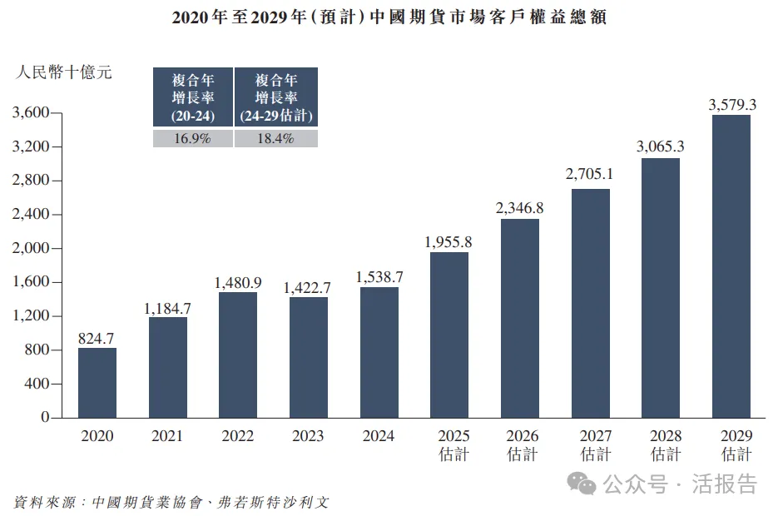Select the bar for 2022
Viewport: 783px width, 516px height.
(x=238, y=355)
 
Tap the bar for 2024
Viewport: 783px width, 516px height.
(x=379, y=352)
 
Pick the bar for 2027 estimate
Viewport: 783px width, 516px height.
(x=591, y=303)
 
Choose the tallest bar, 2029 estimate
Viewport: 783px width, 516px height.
(x=731, y=266)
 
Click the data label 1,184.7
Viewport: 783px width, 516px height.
(x=167, y=309)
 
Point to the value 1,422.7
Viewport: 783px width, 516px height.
(x=308, y=288)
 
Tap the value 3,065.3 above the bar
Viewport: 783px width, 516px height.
(x=660, y=147)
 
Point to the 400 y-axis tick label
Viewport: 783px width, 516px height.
(x=39, y=384)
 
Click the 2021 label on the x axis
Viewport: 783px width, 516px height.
(x=167, y=436)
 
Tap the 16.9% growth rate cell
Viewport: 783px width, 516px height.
(x=192, y=139)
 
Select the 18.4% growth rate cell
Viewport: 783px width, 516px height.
(x=275, y=139)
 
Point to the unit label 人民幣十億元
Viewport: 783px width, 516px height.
(x=63, y=72)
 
